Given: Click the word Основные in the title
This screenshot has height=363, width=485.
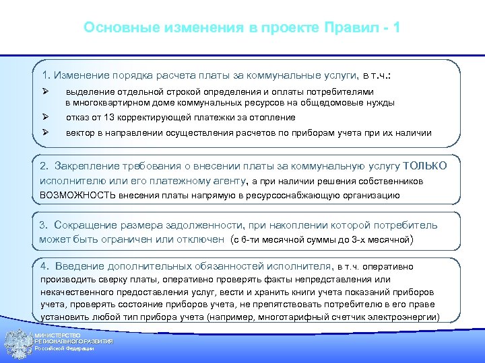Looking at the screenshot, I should coord(114,28).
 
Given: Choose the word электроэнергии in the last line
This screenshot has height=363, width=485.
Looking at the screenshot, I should coord(406,317).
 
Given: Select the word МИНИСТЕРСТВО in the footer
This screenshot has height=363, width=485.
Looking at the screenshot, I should coord(58,335).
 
